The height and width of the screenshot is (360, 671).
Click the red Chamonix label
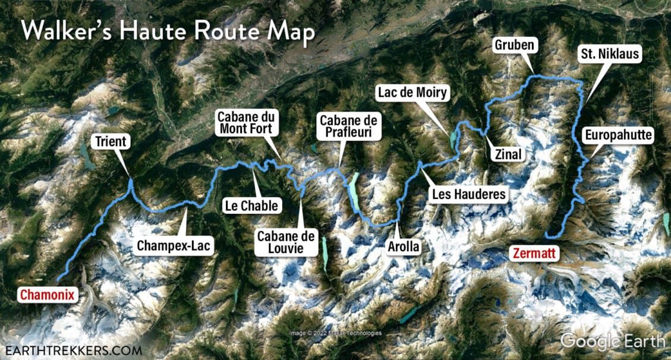(48, 294)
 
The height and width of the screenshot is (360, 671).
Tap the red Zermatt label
(533, 254)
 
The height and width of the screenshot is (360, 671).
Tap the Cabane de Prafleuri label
(349, 127)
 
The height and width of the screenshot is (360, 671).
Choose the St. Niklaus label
(610, 55)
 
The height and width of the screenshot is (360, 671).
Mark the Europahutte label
(619, 136)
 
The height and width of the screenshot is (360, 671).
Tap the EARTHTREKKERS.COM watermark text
(74, 349)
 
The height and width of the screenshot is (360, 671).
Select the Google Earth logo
(613, 342)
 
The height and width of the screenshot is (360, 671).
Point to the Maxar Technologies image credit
(336, 333)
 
